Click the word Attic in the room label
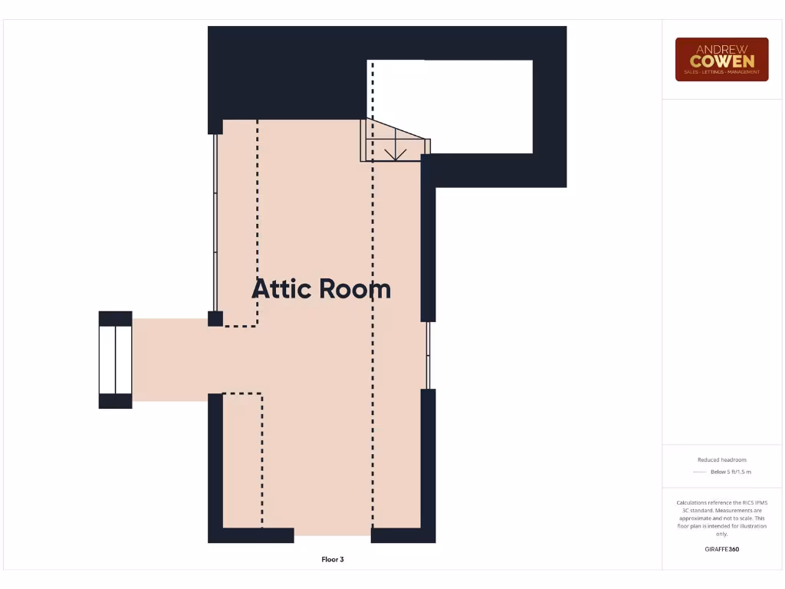(x=281, y=289)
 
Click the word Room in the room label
(x=355, y=289)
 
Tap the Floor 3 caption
(x=333, y=560)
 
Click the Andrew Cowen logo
(x=721, y=59)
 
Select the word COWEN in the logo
(x=721, y=61)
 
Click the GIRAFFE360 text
(x=721, y=549)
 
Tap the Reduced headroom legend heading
(x=721, y=460)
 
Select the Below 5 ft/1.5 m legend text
(x=731, y=472)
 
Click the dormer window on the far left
(x=115, y=360)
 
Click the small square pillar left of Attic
(x=215, y=318)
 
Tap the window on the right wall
(x=428, y=355)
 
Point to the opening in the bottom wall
(x=332, y=535)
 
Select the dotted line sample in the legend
(x=698, y=472)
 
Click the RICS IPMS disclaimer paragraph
(x=721, y=518)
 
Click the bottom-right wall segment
(x=403, y=535)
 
